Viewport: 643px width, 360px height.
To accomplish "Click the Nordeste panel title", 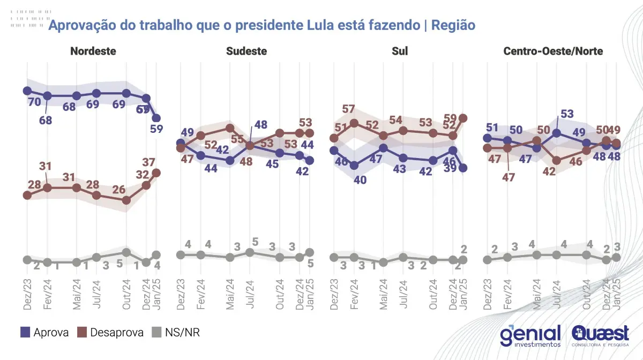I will click(93, 51).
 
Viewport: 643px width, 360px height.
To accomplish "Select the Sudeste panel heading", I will click(246, 51).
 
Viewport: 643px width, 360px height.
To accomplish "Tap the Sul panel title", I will click(400, 51).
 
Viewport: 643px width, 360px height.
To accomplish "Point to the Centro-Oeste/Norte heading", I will click(553, 51).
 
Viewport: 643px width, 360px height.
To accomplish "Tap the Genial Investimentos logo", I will click(530, 335).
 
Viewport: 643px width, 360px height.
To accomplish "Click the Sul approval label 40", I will click(360, 180).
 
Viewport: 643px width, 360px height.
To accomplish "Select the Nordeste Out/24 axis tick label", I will click(126, 292).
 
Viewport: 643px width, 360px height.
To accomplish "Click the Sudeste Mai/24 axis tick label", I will click(230, 292).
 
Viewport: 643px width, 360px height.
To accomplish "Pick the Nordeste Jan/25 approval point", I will click(156, 118).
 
